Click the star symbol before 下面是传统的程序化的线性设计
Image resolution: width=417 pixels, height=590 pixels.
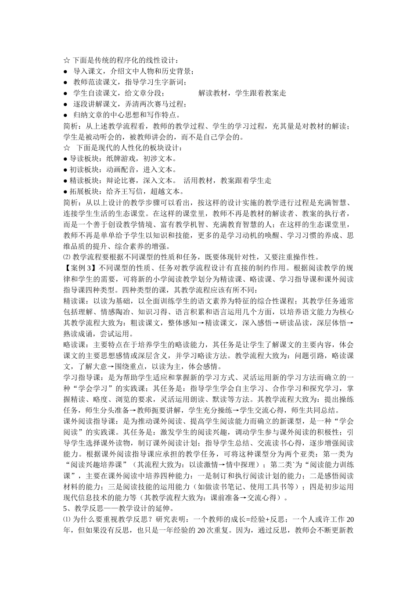pyautogui.click(x=67, y=61)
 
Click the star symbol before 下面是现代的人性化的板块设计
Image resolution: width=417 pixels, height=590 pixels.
pyautogui.click(x=67, y=148)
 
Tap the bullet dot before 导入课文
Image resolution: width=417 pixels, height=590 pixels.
pyautogui.click(x=65, y=72)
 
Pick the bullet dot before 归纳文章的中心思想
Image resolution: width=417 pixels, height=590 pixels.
pyautogui.click(x=65, y=115)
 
